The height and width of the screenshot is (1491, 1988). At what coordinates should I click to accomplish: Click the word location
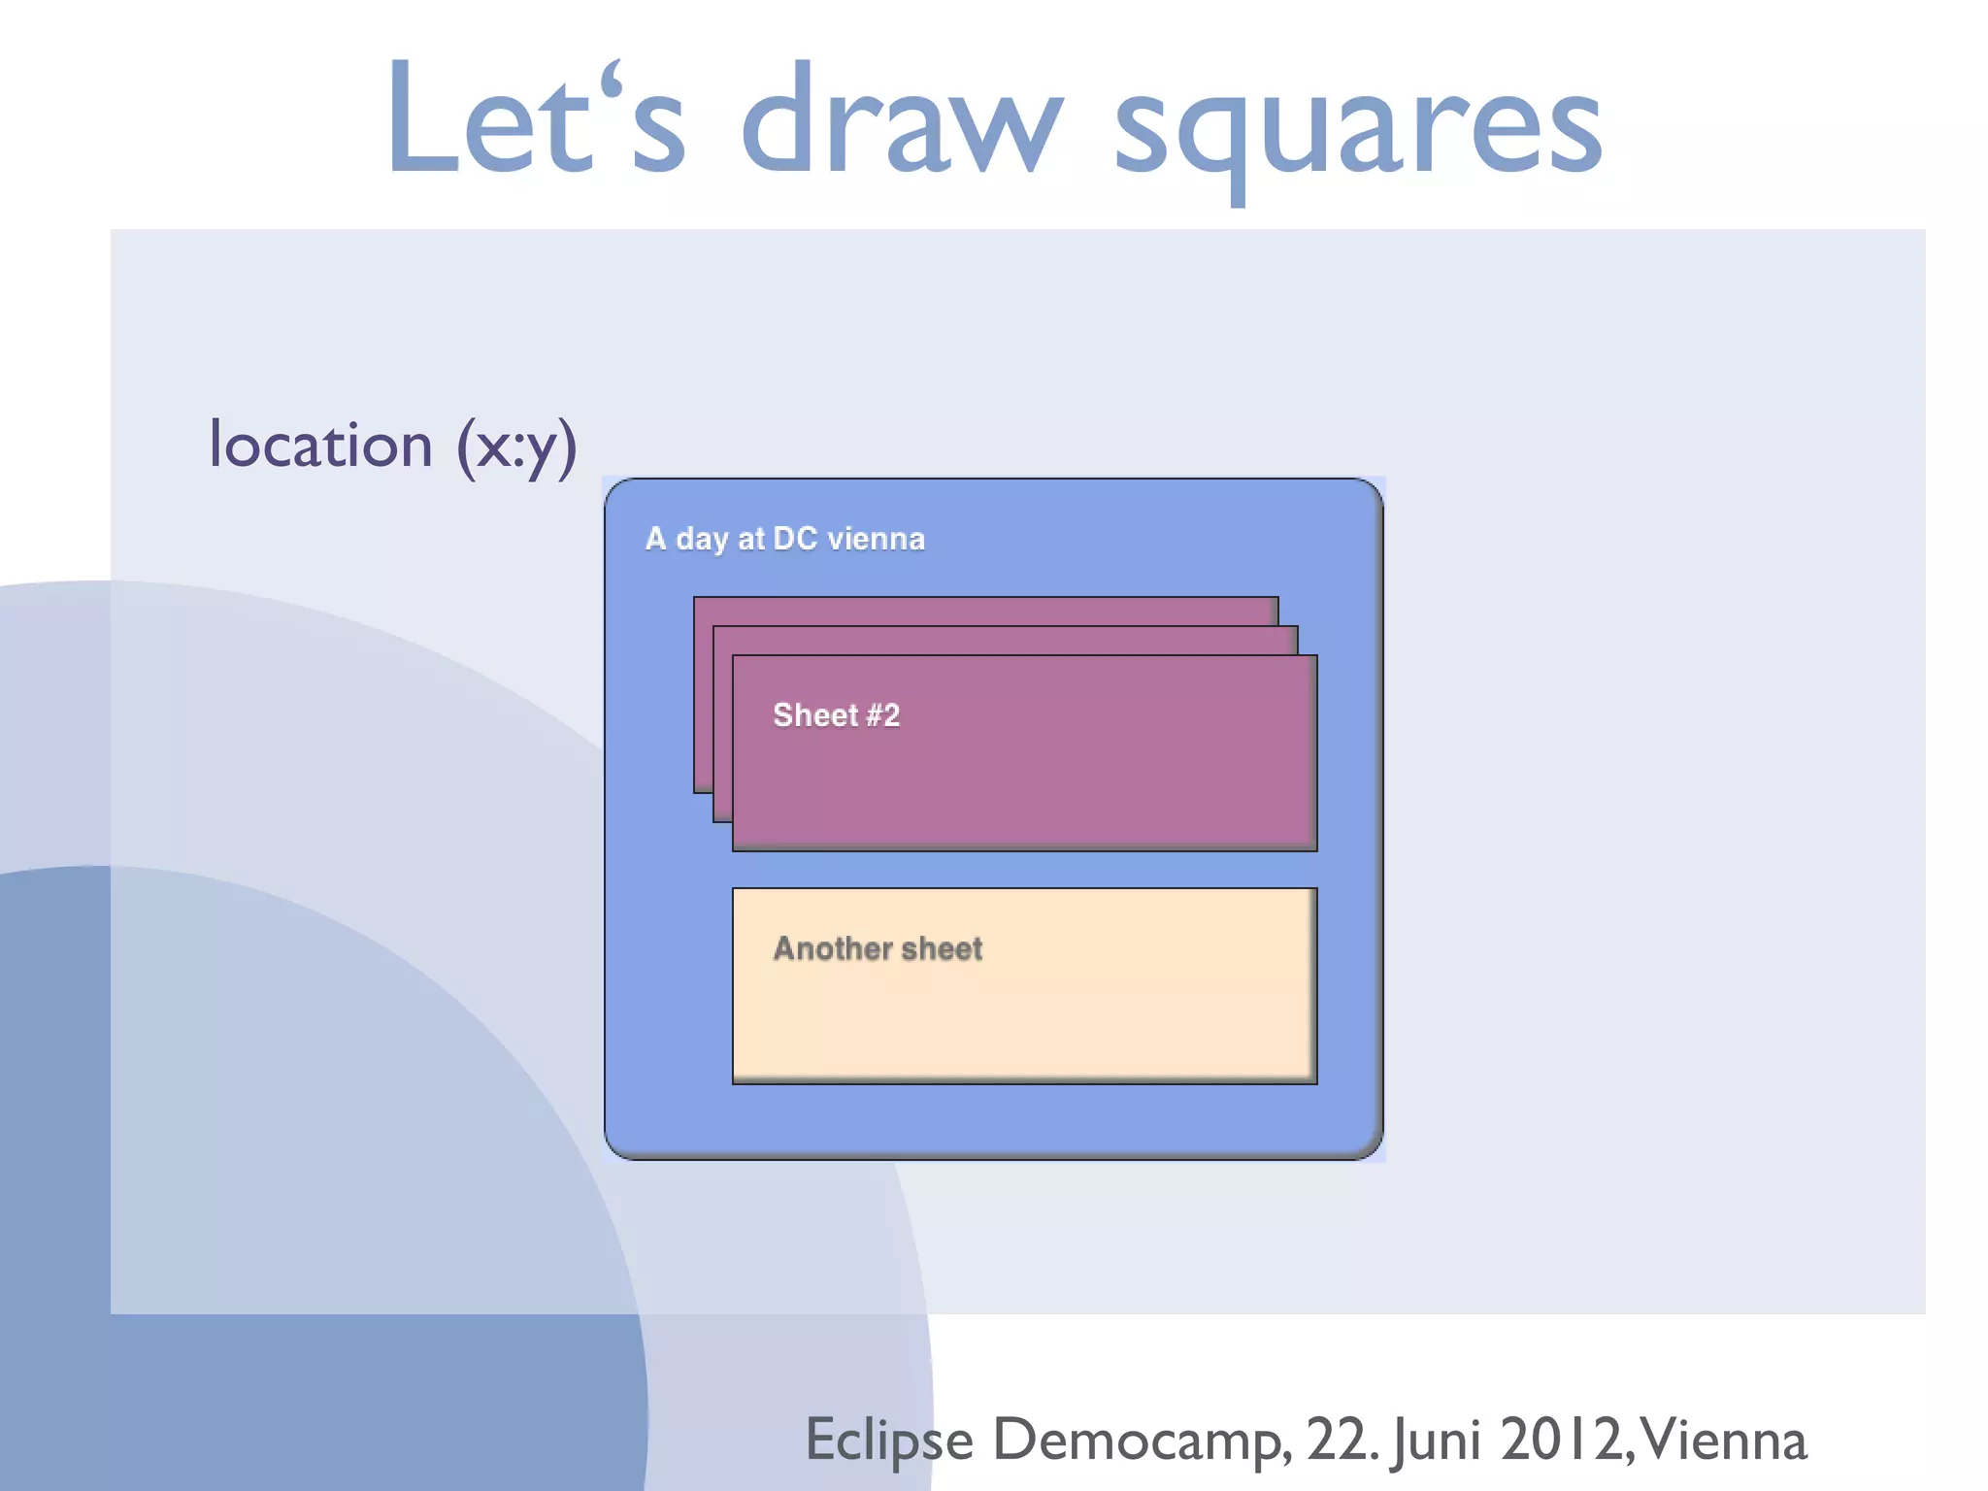click(320, 446)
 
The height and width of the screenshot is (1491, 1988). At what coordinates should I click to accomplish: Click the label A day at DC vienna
click(784, 539)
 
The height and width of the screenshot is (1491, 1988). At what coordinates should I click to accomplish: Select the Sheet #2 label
click(836, 715)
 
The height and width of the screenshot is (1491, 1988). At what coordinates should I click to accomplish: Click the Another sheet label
click(878, 948)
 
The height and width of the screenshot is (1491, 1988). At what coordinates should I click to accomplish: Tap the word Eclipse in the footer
click(889, 1441)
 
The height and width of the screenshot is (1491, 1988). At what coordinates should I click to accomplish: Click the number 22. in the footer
click(1342, 1441)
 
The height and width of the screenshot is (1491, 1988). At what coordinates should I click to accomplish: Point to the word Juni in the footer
click(1437, 1441)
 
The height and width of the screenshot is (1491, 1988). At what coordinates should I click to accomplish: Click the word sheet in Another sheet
click(942, 948)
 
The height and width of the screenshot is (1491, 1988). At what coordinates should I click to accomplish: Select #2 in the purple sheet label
click(882, 715)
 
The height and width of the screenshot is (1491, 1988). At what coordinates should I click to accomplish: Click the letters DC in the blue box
click(794, 539)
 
